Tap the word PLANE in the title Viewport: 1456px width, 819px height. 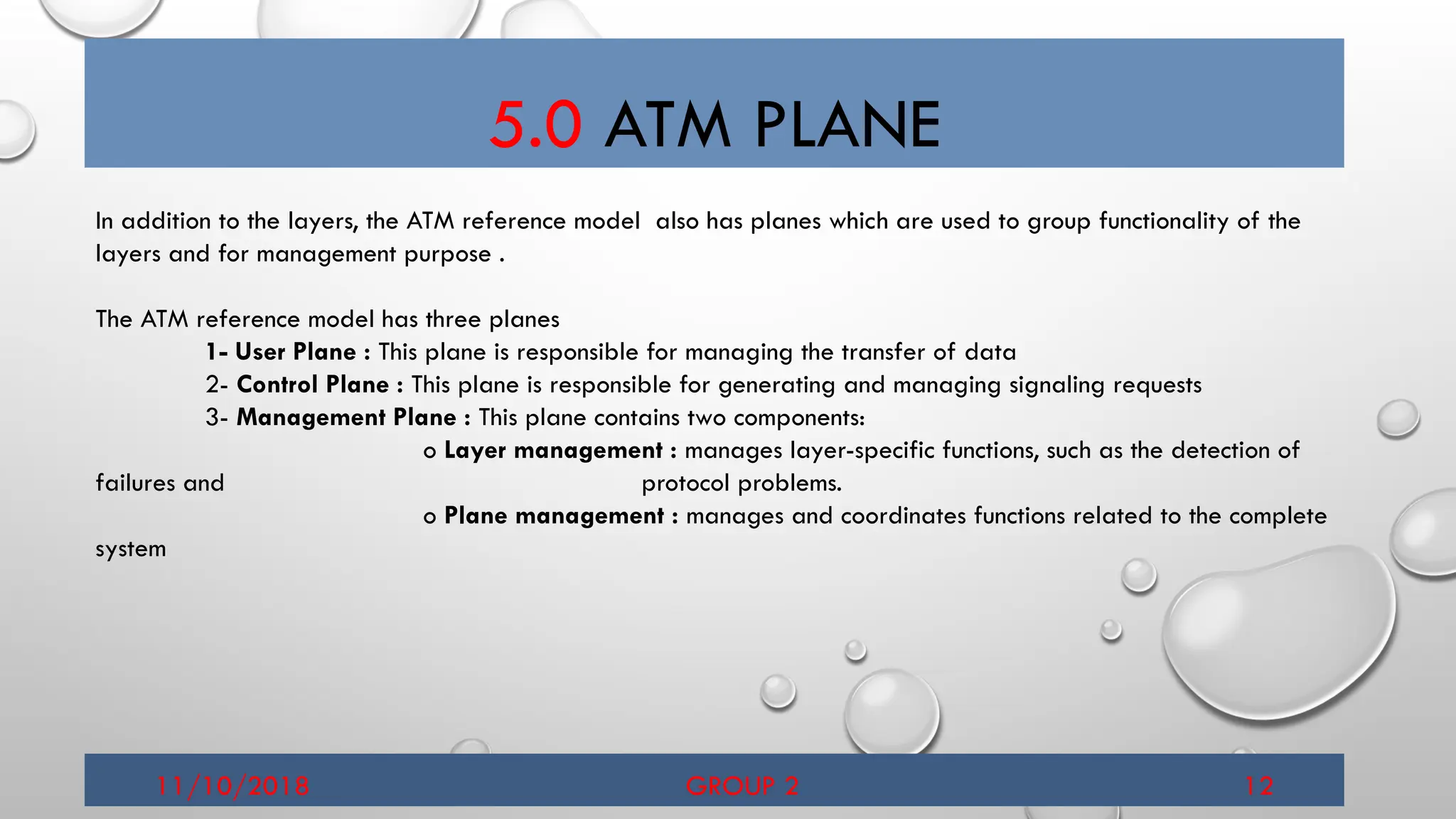(847, 125)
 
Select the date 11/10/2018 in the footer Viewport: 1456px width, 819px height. (232, 786)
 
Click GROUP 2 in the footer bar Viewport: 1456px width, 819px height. (742, 786)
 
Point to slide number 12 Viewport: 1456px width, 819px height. (1258, 786)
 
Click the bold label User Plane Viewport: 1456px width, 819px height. (295, 352)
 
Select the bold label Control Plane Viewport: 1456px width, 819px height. (313, 385)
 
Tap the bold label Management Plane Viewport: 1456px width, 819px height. (346, 417)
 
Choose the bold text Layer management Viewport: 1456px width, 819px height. (553, 450)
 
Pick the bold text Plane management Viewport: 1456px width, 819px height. (554, 515)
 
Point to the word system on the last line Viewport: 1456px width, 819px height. (131, 549)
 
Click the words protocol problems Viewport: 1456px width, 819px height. (742, 483)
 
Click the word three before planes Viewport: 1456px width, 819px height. (454, 319)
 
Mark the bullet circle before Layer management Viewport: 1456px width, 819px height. (429, 452)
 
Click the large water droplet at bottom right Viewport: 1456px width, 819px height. (1280, 633)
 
